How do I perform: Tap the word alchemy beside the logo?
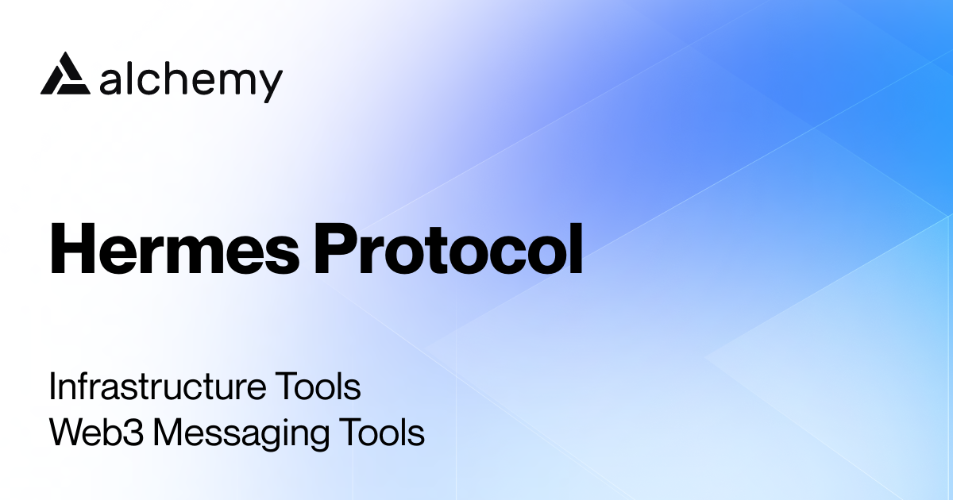[x=191, y=80]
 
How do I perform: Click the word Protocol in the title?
[x=449, y=250]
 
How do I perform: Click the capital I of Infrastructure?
[x=53, y=388]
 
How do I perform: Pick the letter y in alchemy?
[x=269, y=84]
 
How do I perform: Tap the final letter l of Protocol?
[x=575, y=248]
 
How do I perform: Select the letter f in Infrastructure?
[x=83, y=388]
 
